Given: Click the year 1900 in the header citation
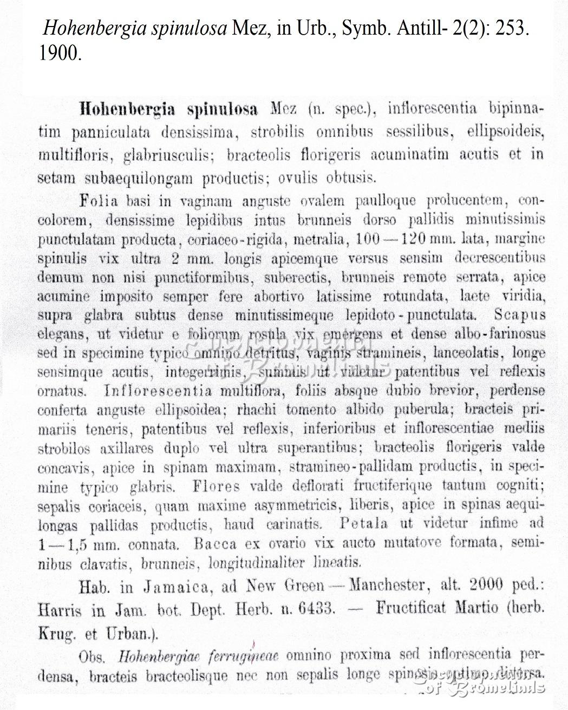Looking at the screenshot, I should tap(60, 53).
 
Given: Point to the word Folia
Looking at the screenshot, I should tap(99, 201).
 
